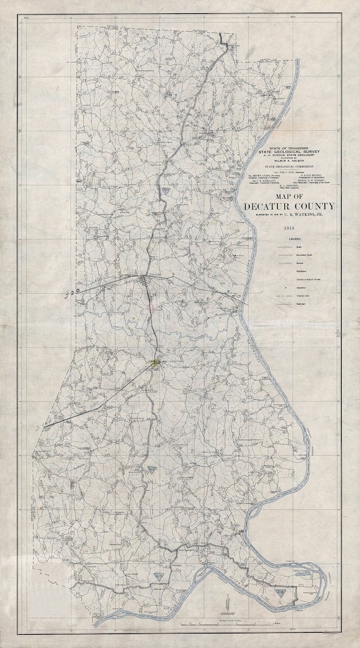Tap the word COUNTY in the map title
(311, 207)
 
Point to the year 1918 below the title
(290, 227)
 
